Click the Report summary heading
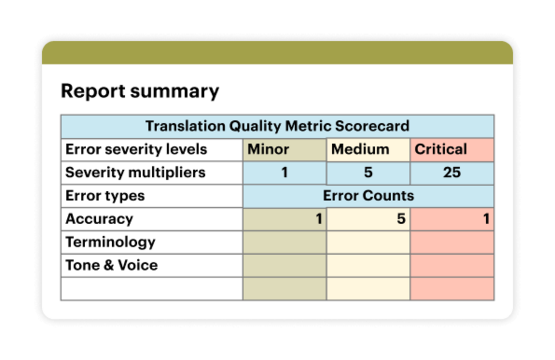pos(139,91)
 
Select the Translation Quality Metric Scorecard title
pos(277,126)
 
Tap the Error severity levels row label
pos(135,149)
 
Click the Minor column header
pos(268,149)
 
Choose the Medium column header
pos(360,149)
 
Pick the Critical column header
pos(441,149)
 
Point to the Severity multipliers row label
pos(135,172)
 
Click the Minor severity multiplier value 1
pos(284,172)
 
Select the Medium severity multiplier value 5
pos(368,172)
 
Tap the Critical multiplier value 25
pos(451,172)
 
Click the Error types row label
pos(105,195)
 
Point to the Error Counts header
pos(368,195)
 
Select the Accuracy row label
pos(99,218)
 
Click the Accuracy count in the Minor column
pos(319,218)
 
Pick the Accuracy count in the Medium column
pos(401,218)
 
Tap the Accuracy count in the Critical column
pos(486,218)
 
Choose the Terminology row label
pos(110,241)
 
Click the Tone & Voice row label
pos(111,265)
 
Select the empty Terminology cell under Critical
pos(452,241)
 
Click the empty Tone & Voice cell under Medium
pos(368,265)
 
